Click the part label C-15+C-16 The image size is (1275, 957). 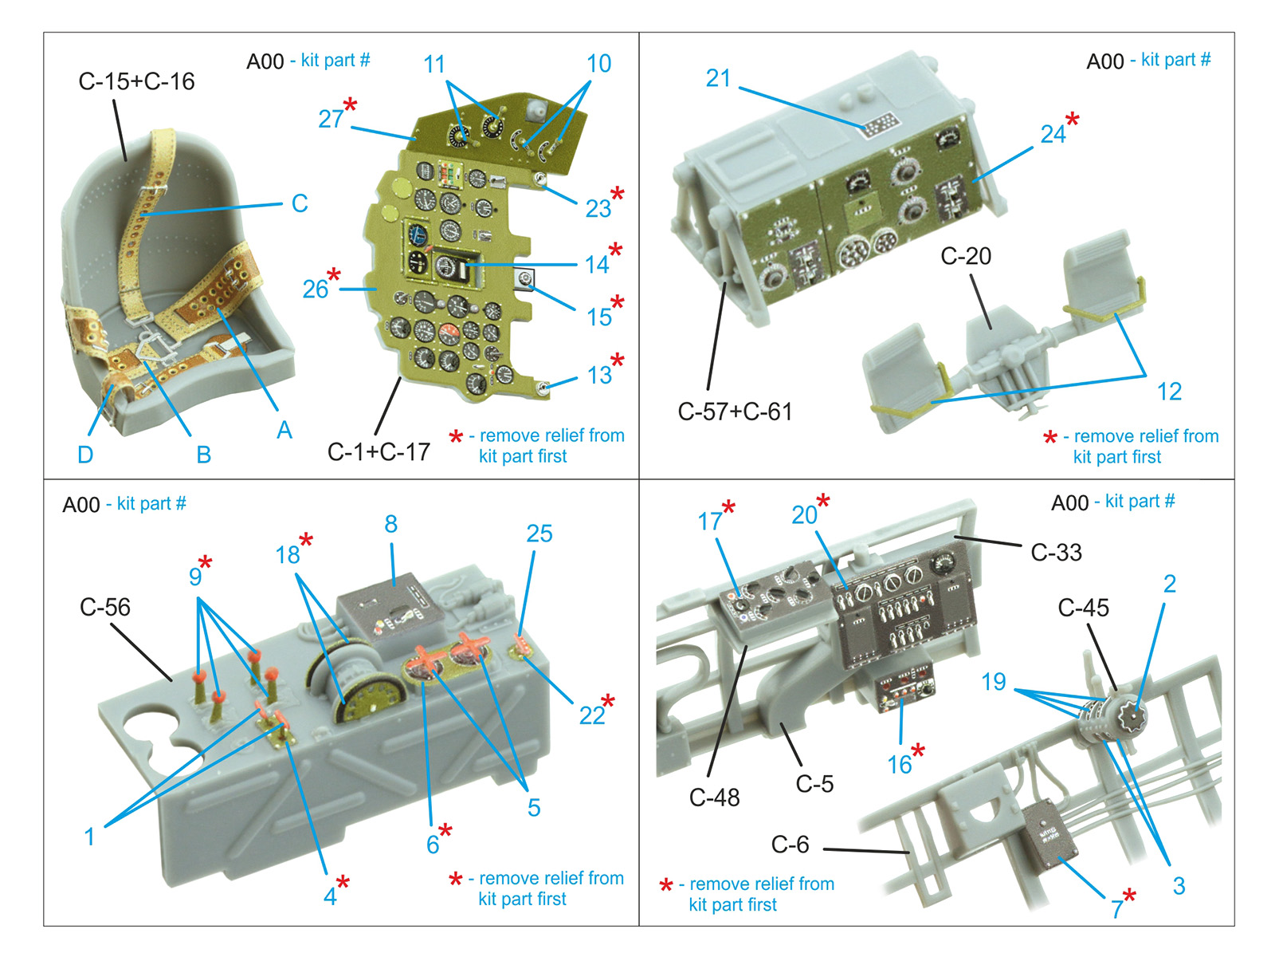(136, 82)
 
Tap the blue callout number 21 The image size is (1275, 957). (718, 78)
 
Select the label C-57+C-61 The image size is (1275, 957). (735, 412)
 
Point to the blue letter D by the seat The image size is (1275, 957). (85, 455)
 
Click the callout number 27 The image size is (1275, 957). (331, 119)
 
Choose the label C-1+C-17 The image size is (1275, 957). (379, 452)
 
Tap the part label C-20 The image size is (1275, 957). (965, 256)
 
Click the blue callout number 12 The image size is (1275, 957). (1169, 392)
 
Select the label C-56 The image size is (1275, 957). (105, 607)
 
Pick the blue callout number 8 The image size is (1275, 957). (391, 524)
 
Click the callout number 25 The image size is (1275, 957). (539, 534)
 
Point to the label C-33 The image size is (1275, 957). (1056, 553)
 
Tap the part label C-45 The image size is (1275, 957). (1083, 608)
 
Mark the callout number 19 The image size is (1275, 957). (993, 682)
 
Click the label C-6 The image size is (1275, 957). (790, 845)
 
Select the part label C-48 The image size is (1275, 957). (715, 797)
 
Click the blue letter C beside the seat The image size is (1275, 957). (300, 203)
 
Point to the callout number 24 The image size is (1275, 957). (1053, 135)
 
